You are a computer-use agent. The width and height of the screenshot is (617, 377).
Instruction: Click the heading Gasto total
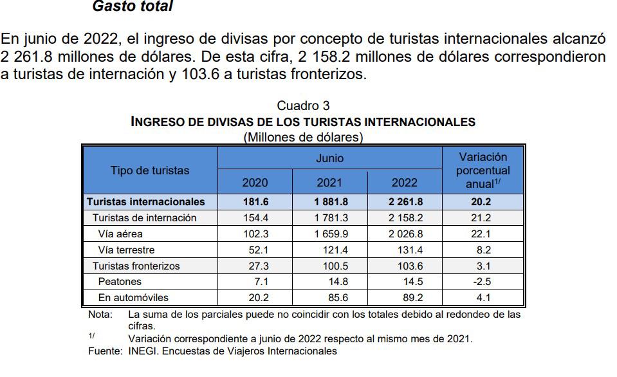[133, 7]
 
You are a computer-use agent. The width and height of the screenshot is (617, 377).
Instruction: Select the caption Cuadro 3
[303, 106]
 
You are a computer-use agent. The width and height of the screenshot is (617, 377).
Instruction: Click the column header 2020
[255, 183]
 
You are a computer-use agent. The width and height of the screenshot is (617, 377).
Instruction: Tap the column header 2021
[329, 183]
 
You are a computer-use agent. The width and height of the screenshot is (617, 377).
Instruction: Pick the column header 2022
[404, 183]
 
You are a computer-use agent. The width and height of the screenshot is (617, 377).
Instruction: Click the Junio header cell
[329, 158]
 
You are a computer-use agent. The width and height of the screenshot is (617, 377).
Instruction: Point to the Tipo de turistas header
[150, 170]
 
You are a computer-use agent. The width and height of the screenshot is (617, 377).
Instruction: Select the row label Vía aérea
[120, 234]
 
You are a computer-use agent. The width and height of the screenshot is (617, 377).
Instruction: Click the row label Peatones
[120, 282]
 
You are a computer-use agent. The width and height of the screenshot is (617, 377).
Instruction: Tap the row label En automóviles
[133, 298]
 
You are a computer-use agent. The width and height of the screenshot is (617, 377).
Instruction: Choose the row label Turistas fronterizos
[136, 266]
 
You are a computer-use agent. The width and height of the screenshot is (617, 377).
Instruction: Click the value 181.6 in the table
[255, 202]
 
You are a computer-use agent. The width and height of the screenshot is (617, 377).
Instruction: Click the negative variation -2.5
[483, 282]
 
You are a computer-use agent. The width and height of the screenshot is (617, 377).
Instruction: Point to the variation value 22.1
[483, 234]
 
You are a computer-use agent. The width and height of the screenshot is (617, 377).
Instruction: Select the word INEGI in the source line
[142, 351]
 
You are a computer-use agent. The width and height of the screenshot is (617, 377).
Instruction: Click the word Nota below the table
[99, 315]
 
